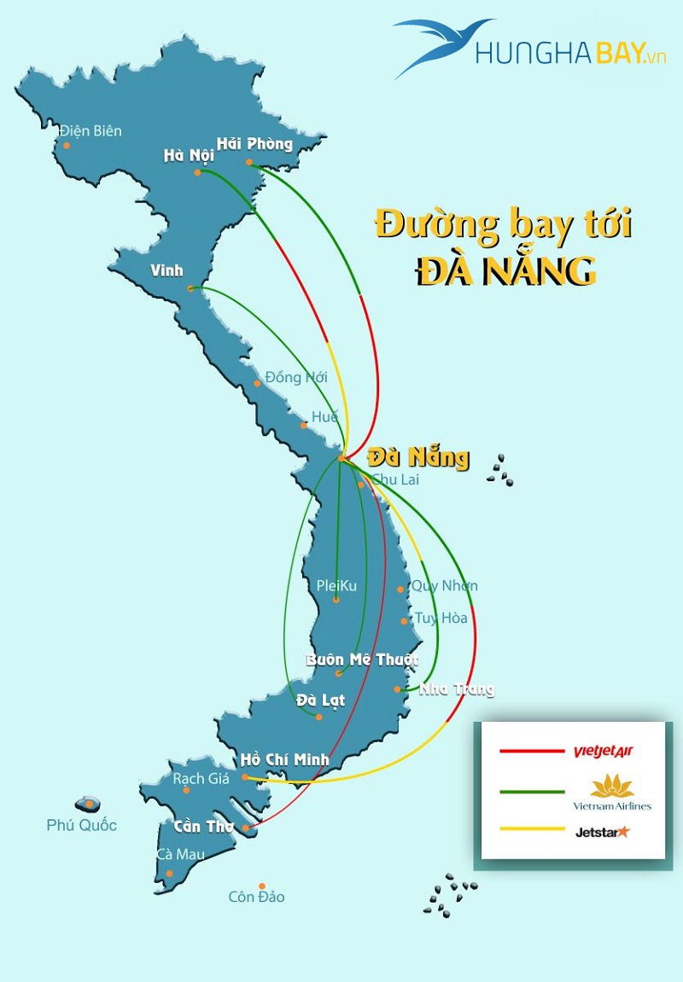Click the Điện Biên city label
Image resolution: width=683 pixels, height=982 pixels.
(x=90, y=131)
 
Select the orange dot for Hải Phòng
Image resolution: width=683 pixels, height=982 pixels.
(x=249, y=162)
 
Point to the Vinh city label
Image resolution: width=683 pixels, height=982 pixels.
(x=166, y=271)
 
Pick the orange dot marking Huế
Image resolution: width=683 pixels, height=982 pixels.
(x=303, y=425)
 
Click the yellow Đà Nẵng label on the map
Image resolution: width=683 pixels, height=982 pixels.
(x=417, y=457)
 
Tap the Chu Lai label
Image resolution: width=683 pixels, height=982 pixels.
(x=395, y=479)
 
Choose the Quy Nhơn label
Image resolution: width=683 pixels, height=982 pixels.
(x=444, y=586)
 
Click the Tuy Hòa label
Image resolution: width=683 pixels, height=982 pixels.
(x=441, y=619)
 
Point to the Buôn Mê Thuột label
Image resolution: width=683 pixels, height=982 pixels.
(x=362, y=660)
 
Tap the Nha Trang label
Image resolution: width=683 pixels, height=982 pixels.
(x=456, y=689)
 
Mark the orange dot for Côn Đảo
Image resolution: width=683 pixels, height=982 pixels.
(x=262, y=886)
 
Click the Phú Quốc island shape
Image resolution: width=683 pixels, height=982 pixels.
(x=88, y=804)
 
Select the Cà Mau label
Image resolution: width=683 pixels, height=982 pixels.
(x=173, y=854)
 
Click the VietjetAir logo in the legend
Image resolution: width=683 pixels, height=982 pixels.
(x=603, y=752)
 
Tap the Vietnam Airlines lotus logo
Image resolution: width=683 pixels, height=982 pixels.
(x=612, y=786)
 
